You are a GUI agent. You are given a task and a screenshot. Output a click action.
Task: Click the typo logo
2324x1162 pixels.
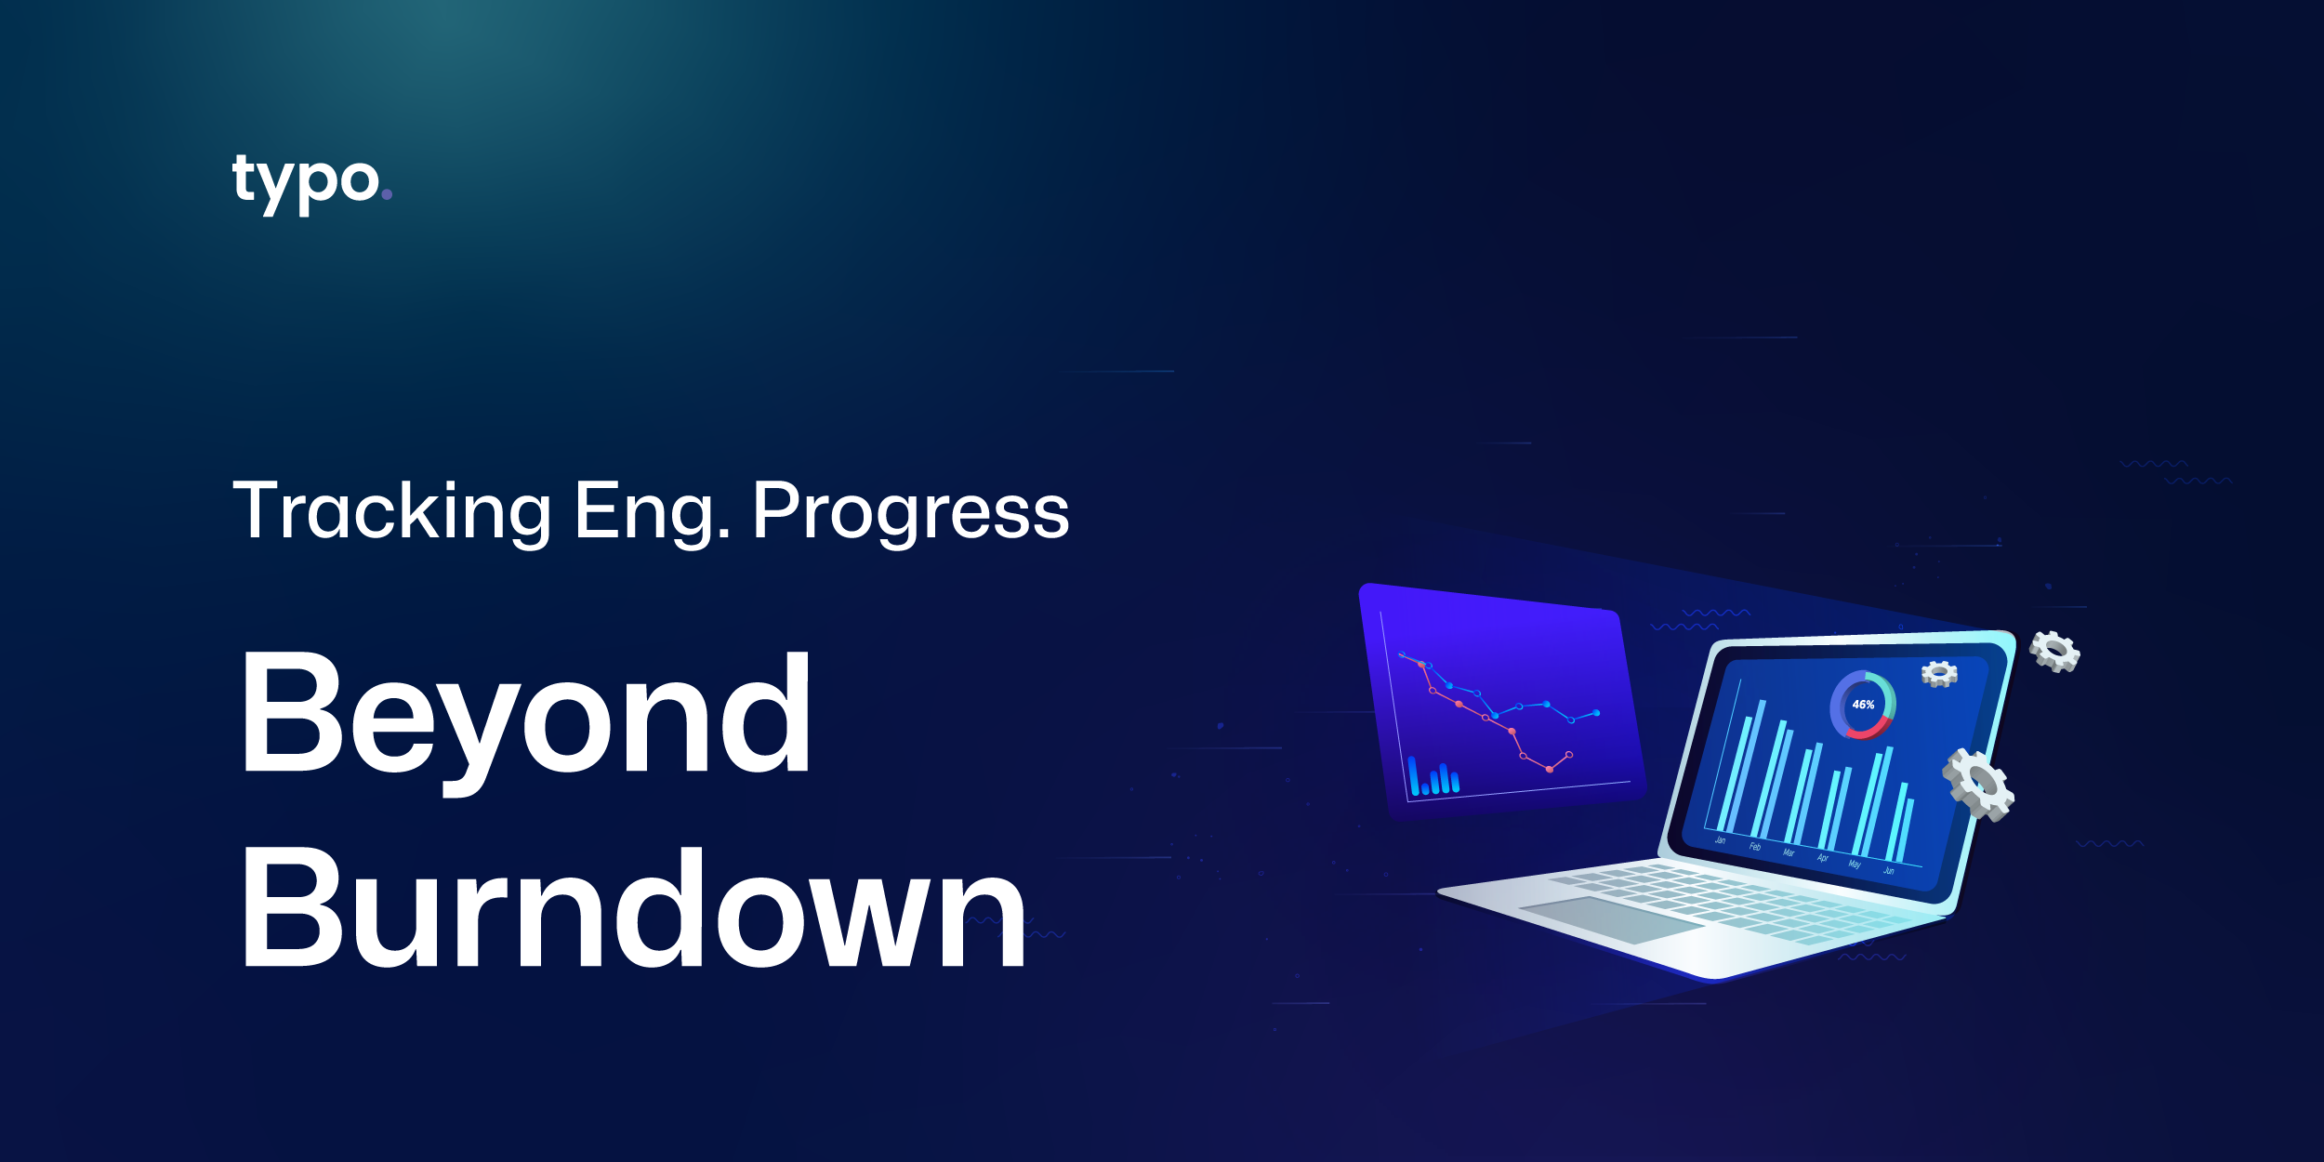307,182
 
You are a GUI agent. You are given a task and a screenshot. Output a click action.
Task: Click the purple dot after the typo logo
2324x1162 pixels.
387,194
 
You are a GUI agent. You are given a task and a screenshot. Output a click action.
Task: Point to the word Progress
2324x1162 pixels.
911,510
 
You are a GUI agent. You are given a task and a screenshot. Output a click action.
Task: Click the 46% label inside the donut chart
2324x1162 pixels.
1863,705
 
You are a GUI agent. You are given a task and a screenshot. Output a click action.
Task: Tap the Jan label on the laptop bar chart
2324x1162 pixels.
1720,840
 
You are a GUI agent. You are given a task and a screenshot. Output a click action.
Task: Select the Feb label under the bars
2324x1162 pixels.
1754,847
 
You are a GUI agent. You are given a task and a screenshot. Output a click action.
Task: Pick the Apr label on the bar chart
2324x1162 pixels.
1822,858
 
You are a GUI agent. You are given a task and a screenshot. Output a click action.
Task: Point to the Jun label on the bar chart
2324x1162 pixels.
1888,871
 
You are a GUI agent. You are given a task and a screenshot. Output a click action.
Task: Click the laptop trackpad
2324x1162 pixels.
1613,918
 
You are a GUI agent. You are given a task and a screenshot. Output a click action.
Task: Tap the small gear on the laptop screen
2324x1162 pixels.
1939,674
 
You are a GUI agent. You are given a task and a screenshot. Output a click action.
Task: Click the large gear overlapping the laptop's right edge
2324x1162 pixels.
1978,785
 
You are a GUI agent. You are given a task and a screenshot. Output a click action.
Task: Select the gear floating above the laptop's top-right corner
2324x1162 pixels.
2054,651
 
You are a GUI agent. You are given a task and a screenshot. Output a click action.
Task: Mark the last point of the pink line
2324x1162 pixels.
1569,754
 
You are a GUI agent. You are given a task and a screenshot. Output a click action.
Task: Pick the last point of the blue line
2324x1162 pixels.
1597,713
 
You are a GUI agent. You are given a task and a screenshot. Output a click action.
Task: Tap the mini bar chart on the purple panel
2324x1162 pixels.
1433,779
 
